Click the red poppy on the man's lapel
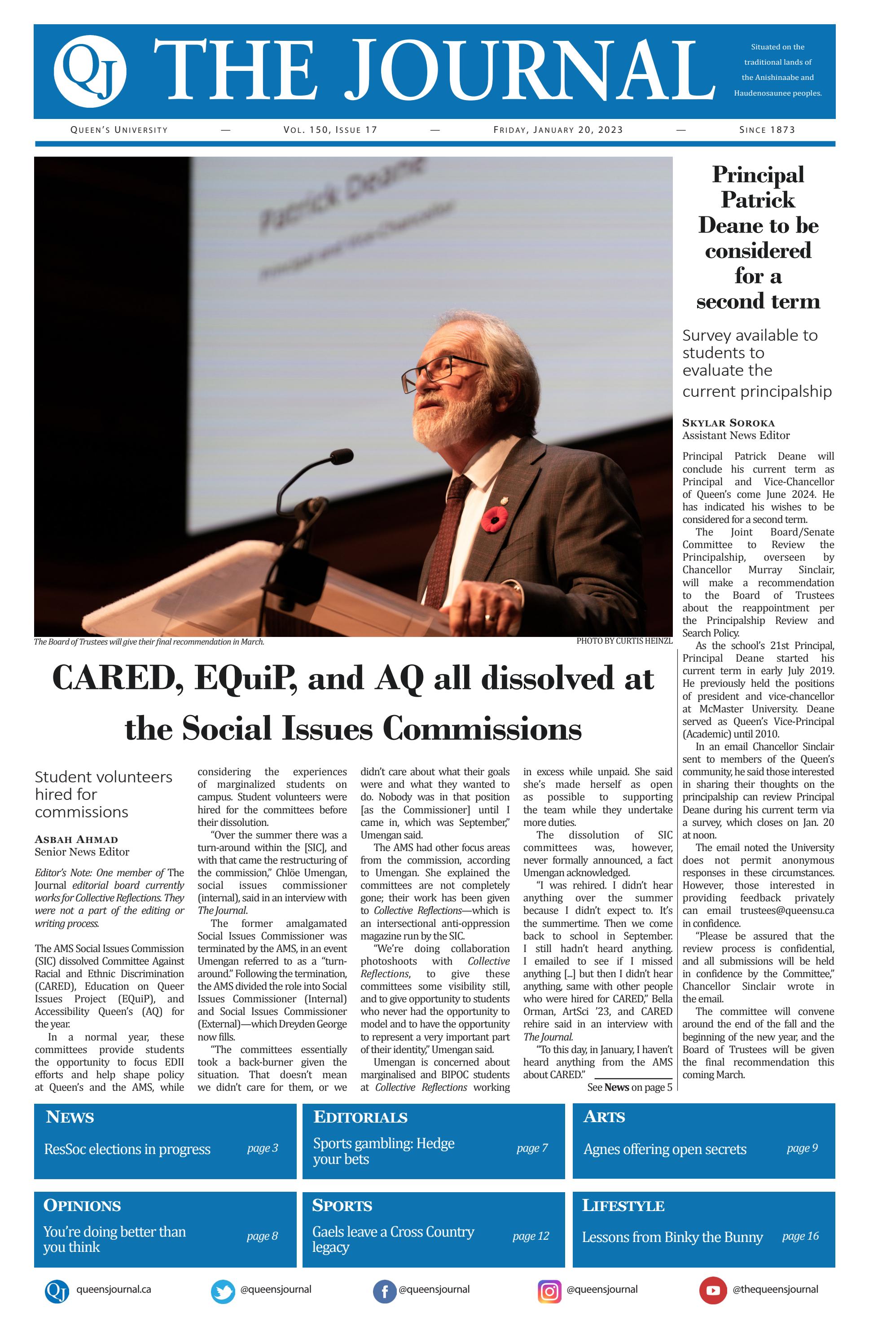point(496,518)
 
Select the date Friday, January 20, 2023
point(558,130)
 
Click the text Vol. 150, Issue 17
point(330,130)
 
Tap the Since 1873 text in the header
point(767,130)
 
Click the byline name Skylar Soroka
point(729,423)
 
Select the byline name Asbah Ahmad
point(76,839)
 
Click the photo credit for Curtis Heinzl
point(624,641)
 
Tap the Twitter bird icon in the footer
point(223,1292)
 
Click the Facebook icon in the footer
point(384,1292)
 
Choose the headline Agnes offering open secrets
point(665,1149)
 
